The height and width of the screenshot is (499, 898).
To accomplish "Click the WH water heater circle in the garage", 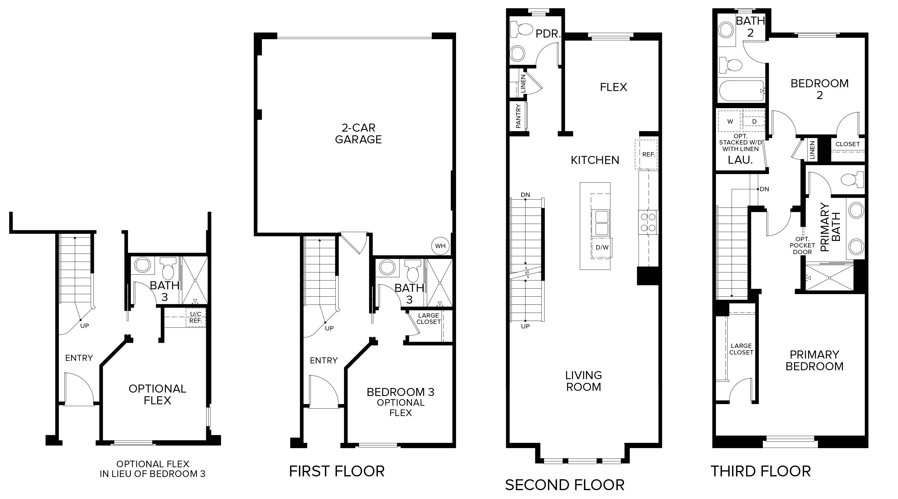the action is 440,246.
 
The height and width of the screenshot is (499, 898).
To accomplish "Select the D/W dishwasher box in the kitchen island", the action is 602,247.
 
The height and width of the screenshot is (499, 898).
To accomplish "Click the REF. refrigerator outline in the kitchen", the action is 646,155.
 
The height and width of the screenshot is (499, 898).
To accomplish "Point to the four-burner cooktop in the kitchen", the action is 648,222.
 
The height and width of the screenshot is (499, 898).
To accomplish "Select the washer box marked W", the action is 730,121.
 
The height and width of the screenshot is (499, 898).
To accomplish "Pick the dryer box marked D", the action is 754,121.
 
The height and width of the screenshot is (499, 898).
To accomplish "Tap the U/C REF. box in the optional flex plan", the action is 196,317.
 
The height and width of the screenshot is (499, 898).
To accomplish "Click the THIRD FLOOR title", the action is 761,471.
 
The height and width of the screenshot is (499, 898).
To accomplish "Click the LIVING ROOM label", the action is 584,381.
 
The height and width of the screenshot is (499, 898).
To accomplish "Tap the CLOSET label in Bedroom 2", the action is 848,144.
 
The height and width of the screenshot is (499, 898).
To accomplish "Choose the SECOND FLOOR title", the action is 565,485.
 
